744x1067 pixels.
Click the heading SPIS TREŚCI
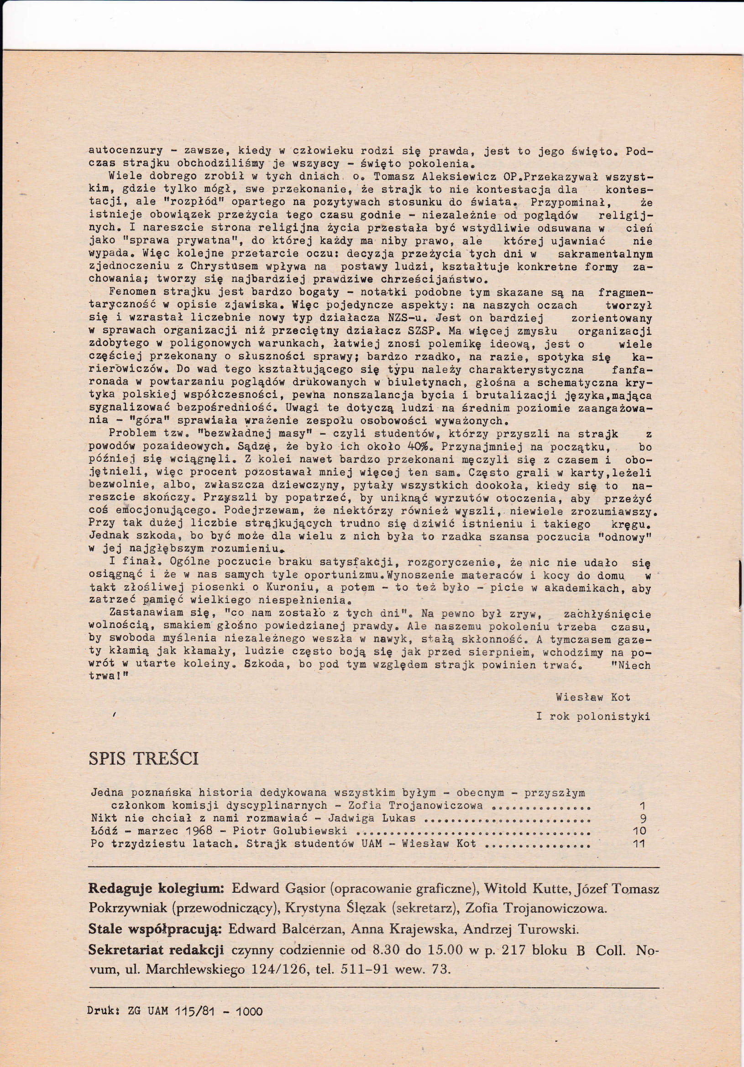pos(143,758)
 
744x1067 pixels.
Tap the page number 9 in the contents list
pos(643,818)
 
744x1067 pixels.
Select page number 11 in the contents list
pos(639,843)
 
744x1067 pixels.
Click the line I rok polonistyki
pos(593,716)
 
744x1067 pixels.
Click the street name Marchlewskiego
pos(195,969)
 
